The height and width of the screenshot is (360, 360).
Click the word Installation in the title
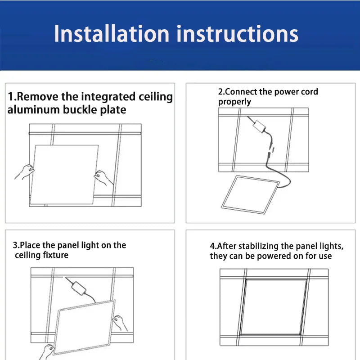point(112,34)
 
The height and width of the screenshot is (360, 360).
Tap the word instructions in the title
point(238,34)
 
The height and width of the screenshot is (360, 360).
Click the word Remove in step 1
point(38,97)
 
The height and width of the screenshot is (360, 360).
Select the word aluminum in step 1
point(33,110)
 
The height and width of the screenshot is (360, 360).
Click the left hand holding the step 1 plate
point(25,172)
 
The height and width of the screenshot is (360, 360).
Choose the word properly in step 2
point(234,102)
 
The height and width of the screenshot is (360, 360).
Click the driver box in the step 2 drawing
point(260,126)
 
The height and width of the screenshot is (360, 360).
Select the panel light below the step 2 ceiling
point(250,195)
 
